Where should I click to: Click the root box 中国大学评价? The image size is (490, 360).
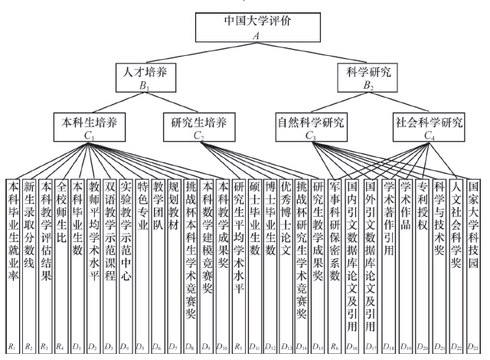point(244,27)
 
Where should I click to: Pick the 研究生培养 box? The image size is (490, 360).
point(198,126)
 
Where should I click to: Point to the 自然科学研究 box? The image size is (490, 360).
point(311,126)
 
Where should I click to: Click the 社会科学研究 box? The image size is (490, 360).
point(429,126)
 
